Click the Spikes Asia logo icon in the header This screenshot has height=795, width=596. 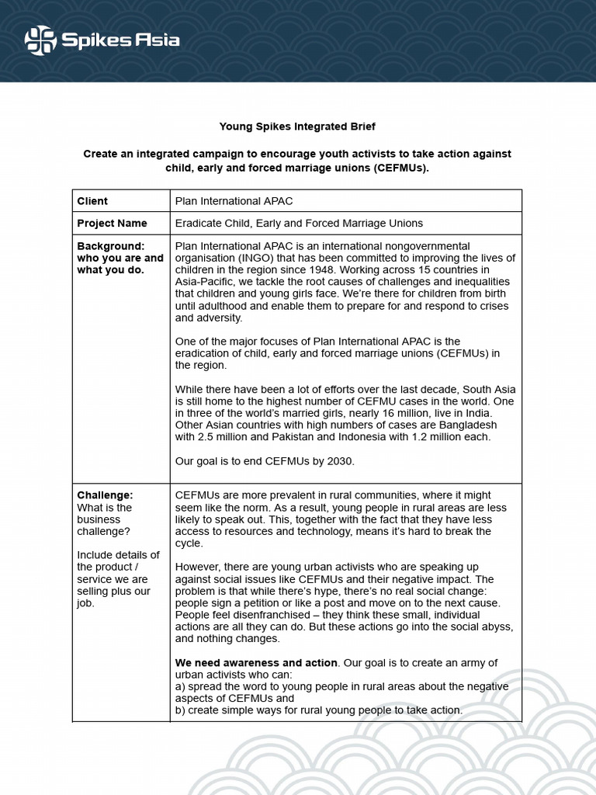pyautogui.click(x=41, y=41)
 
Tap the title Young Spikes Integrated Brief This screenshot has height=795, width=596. pyautogui.click(x=297, y=126)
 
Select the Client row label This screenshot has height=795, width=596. pyautogui.click(x=92, y=201)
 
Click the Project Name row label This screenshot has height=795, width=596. pyautogui.click(x=112, y=223)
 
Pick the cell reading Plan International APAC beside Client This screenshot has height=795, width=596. pyautogui.click(x=234, y=201)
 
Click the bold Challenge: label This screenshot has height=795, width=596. pyautogui.click(x=105, y=495)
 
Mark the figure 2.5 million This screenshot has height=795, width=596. pyautogui.click(x=223, y=436)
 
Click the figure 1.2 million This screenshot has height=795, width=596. pyautogui.click(x=427, y=436)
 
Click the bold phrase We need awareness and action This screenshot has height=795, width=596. pyautogui.click(x=256, y=662)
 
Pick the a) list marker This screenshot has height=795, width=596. pyautogui.click(x=181, y=686)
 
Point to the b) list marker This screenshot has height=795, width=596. pyautogui.click(x=181, y=710)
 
